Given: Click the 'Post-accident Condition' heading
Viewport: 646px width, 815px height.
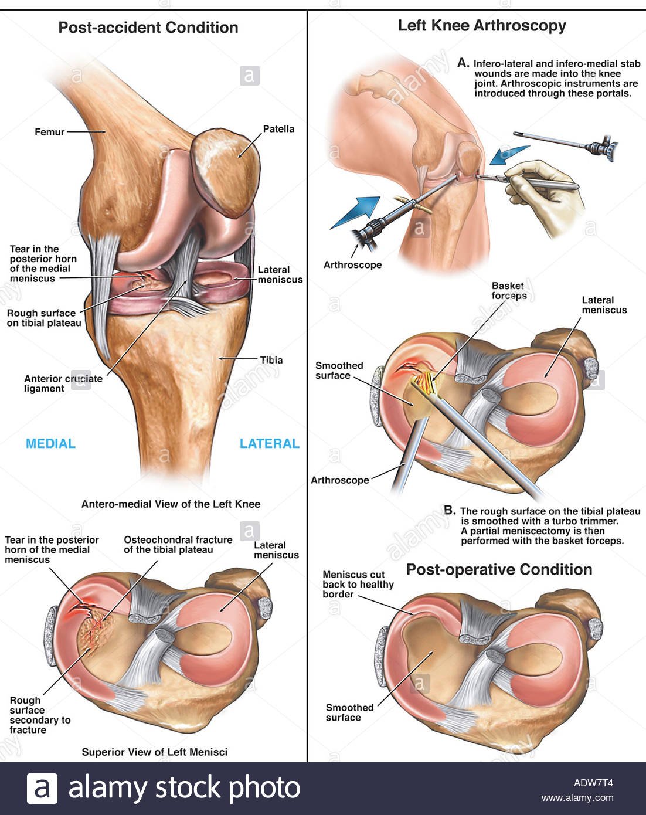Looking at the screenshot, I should (148, 28).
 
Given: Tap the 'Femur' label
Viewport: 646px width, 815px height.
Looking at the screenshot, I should (49, 132).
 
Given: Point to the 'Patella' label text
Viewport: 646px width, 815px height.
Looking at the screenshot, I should (278, 129).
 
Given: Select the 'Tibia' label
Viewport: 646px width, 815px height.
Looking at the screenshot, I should (271, 360).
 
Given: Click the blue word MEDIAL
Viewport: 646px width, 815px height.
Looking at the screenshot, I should (50, 444).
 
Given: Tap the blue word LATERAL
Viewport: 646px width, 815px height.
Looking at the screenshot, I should (269, 444).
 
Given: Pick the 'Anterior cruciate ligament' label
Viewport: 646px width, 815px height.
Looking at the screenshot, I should (63, 383).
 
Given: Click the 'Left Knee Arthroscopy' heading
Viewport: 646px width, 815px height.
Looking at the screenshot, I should (482, 26).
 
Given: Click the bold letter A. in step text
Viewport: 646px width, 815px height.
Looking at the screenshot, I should (463, 63).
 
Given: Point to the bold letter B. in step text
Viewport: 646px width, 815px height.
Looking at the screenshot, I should (450, 510).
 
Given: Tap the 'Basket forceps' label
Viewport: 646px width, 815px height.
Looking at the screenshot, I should (509, 291).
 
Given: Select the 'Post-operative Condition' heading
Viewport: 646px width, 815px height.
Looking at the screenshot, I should (499, 569).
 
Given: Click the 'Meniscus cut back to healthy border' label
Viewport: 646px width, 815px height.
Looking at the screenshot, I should (358, 584).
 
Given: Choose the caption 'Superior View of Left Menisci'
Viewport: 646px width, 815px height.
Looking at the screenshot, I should (154, 752).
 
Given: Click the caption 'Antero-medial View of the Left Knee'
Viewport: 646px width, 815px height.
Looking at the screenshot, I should (171, 504).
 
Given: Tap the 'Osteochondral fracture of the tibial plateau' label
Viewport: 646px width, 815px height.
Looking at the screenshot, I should (178, 544).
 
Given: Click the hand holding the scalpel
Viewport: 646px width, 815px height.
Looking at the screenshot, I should (548, 196).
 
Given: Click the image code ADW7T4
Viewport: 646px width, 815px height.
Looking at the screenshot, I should (593, 782).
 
